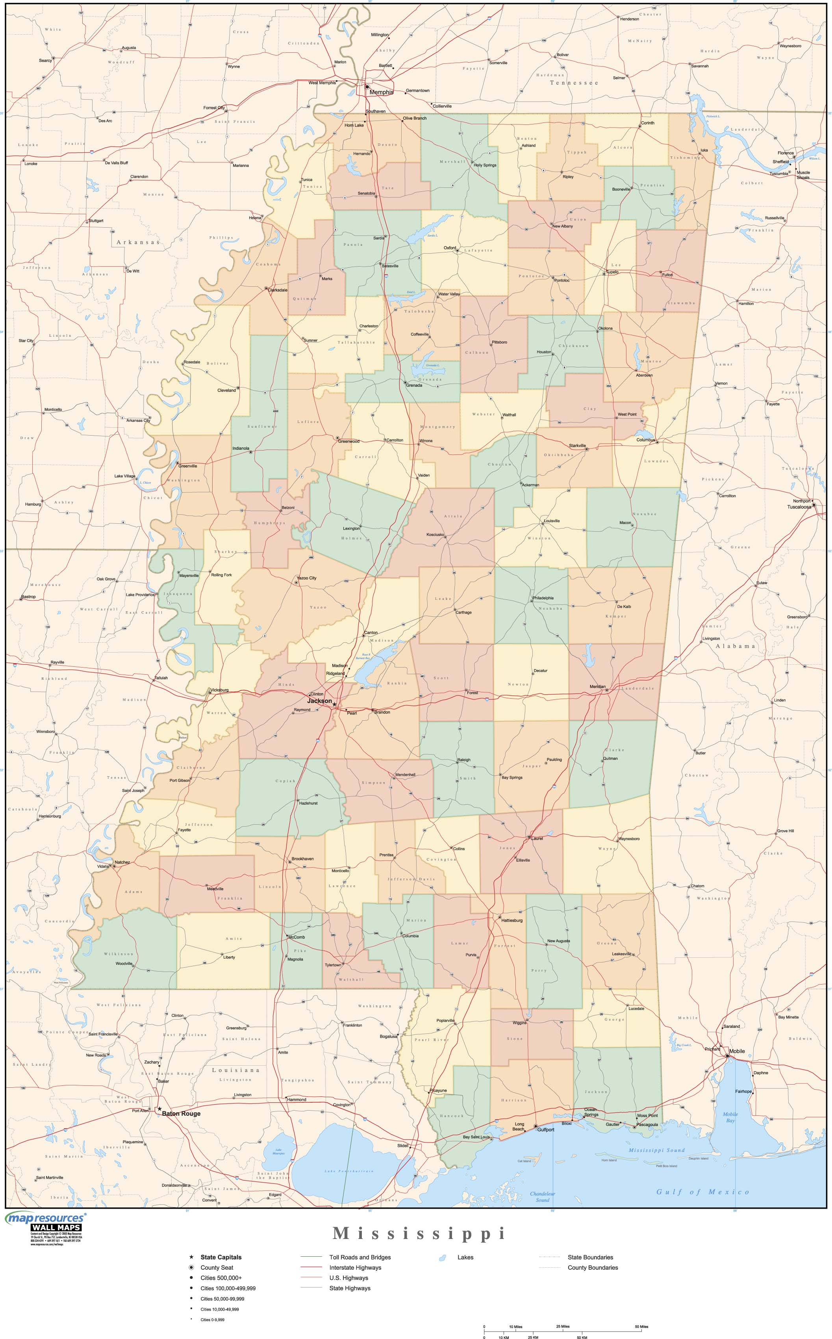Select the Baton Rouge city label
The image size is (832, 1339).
[x=181, y=1113]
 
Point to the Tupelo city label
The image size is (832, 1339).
[x=612, y=272]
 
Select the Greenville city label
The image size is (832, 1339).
[x=188, y=465]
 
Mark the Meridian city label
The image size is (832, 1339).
[x=598, y=686]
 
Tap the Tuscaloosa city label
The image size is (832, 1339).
[x=799, y=507]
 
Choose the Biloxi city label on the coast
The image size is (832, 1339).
[x=567, y=1123]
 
